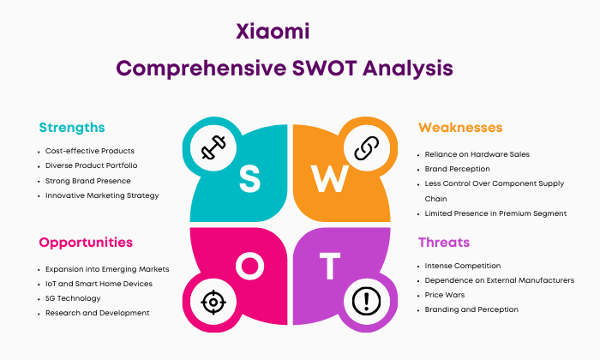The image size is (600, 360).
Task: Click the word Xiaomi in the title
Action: [x=273, y=32]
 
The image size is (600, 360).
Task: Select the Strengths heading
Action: [x=72, y=128]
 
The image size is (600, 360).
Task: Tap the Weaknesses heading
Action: [x=460, y=128]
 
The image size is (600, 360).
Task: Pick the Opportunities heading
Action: [x=86, y=243]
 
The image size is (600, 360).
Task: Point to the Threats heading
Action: [x=444, y=243]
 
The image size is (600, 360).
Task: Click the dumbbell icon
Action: [x=213, y=147]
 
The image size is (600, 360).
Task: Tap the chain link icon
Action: [x=367, y=147]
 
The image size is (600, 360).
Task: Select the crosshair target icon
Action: [x=213, y=303]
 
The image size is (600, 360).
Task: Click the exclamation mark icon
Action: [x=367, y=302]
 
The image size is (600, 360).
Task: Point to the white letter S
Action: [x=249, y=179]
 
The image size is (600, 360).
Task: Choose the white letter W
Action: [x=329, y=178]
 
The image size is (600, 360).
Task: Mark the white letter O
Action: [x=250, y=266]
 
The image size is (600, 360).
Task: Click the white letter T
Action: [x=330, y=266]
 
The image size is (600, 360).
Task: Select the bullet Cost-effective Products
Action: [x=90, y=151]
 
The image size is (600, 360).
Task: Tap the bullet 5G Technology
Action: [x=73, y=298]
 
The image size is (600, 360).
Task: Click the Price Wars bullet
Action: [x=445, y=295]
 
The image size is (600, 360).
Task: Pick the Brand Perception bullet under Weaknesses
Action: [x=457, y=169]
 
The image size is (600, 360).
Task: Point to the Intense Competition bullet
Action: [x=463, y=266]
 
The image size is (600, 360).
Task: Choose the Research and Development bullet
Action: [x=97, y=313]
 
